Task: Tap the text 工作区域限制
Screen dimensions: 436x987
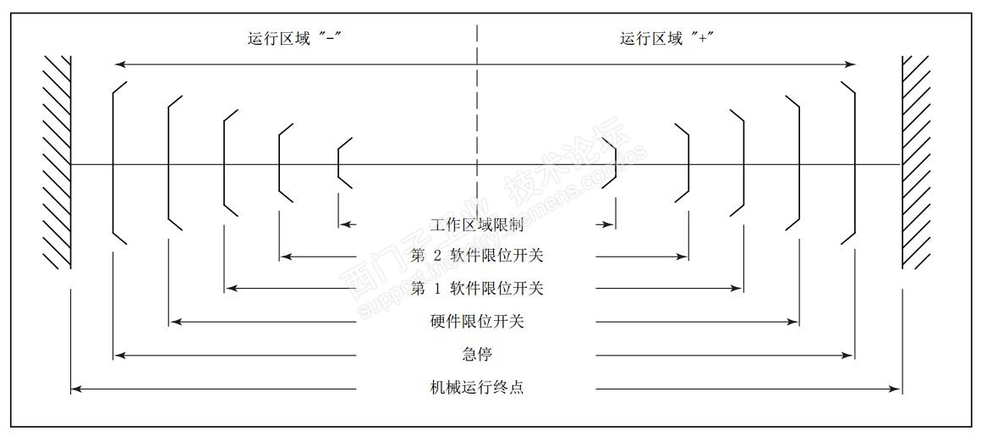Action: pyautogui.click(x=477, y=225)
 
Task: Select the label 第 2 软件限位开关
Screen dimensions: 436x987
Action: pyautogui.click(x=477, y=256)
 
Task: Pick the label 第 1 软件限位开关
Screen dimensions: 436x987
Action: pyautogui.click(x=477, y=289)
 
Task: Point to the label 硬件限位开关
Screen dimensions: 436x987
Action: pyautogui.click(x=477, y=322)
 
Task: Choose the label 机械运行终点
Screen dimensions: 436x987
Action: pyautogui.click(x=477, y=389)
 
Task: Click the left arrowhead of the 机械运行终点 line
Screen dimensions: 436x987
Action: pyautogui.click(x=75, y=389)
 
